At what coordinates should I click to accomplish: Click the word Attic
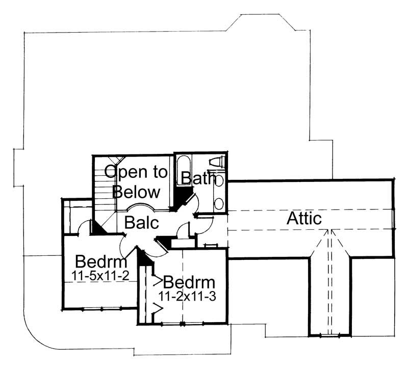[304, 219]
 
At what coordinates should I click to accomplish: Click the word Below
[136, 192]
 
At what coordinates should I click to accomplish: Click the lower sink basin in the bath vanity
[219, 203]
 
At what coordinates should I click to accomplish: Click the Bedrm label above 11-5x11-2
[100, 263]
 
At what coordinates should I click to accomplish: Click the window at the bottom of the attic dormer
[329, 335]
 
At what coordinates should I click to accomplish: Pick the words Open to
[136, 172]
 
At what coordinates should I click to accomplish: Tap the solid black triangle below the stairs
[98, 229]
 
